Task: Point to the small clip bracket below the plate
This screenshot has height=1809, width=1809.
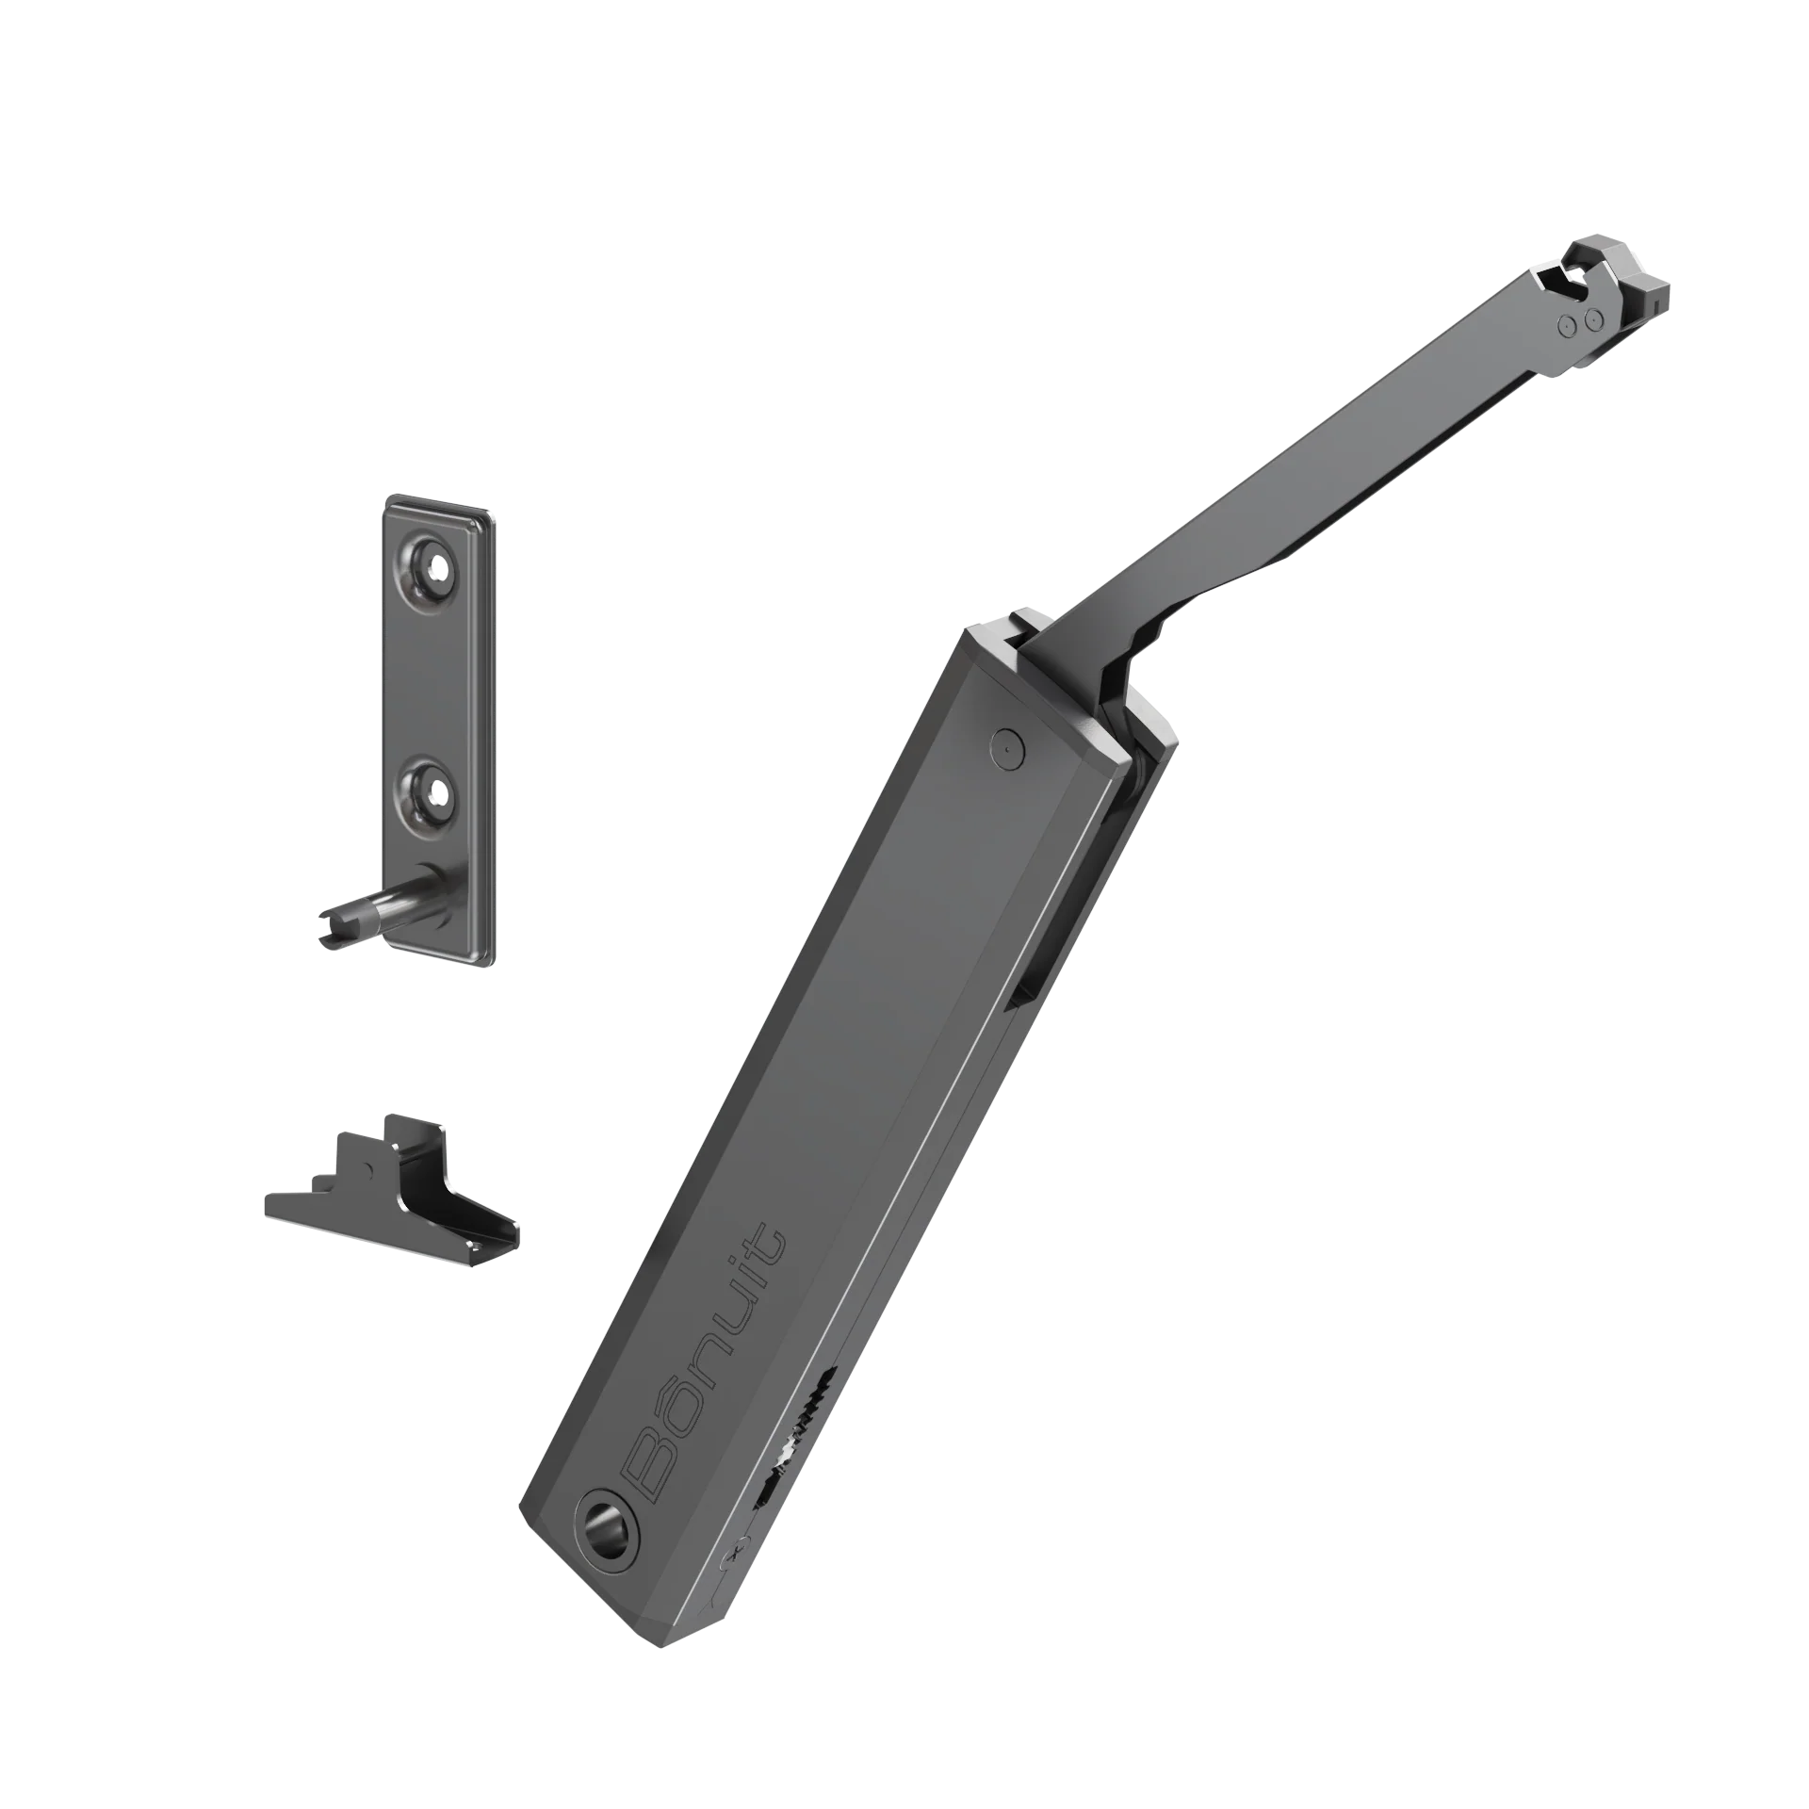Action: (x=392, y=1191)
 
